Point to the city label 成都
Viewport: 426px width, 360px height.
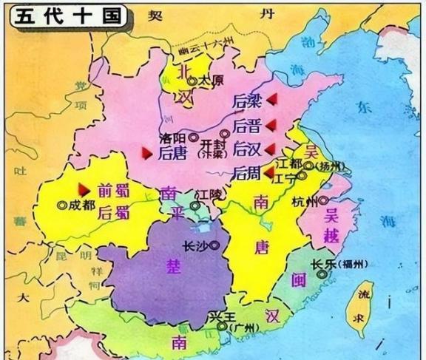click(81, 205)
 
